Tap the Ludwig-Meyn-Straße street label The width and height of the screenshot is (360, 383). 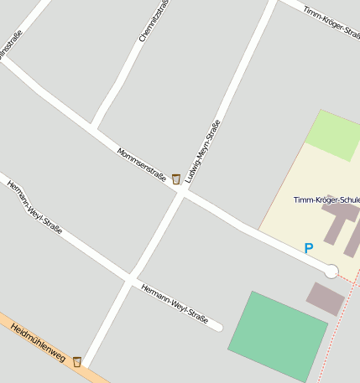click(204, 152)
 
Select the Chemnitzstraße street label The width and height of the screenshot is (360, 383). click(154, 21)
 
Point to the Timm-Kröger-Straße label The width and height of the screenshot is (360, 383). click(331, 23)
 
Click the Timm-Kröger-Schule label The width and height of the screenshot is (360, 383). click(326, 200)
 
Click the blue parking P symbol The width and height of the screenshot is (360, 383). click(308, 248)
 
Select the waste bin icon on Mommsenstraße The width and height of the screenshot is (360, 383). click(175, 179)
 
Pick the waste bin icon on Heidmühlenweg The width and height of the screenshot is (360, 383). click(77, 361)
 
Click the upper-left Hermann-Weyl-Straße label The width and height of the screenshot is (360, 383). click(34, 210)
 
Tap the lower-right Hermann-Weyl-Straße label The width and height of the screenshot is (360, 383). click(175, 303)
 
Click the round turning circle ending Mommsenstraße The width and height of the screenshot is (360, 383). click(331, 271)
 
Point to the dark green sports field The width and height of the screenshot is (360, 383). click(276, 336)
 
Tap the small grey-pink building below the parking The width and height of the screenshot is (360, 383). click(325, 298)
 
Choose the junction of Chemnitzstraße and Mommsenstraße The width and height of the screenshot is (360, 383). click(95, 128)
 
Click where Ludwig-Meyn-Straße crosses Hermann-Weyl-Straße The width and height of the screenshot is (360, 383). click(131, 278)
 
